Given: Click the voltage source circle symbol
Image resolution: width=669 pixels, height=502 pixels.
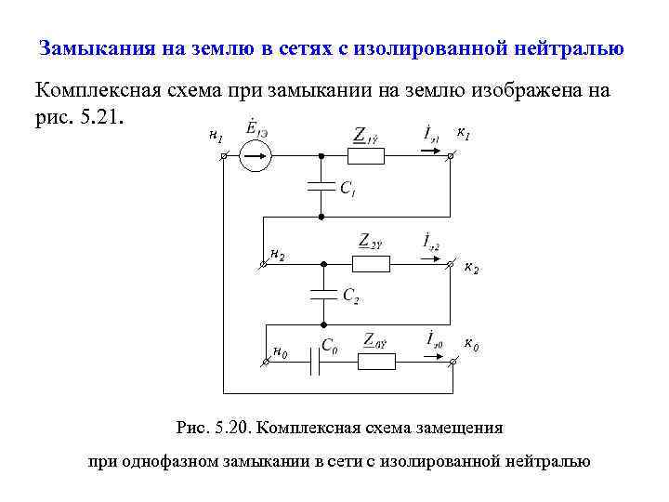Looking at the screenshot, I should pos(255,157).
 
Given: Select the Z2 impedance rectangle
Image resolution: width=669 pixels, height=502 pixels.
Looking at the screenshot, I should pos(372,263).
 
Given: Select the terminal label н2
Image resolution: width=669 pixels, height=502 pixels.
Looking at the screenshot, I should pos(277,253).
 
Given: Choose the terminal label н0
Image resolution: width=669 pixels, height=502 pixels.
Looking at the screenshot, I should pos(280,352).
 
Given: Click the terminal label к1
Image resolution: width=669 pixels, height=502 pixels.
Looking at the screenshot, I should pos(463,136).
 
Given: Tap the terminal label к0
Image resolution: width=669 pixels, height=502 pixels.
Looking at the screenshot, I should pos(471,347).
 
